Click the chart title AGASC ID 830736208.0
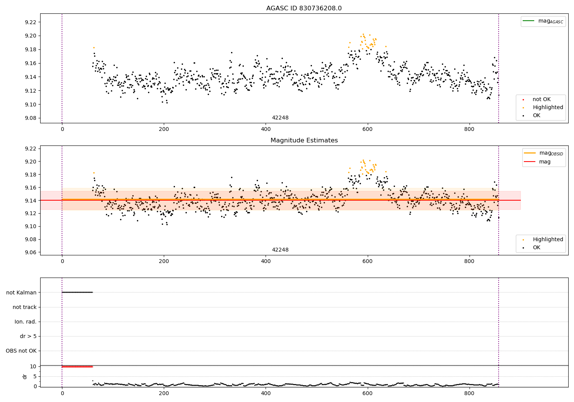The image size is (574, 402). click(x=304, y=8)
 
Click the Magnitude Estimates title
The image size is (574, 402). click(x=304, y=141)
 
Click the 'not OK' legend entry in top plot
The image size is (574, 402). click(x=541, y=100)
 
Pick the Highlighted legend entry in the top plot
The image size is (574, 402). click(x=548, y=108)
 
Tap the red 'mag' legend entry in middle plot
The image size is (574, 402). click(x=545, y=162)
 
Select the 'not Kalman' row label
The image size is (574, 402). click(x=21, y=293)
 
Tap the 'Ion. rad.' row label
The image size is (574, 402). click(x=26, y=322)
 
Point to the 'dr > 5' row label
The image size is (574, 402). click(x=28, y=337)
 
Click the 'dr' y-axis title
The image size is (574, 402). click(x=25, y=376)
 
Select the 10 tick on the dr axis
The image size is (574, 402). click(x=33, y=367)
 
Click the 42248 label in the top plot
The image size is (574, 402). click(x=280, y=118)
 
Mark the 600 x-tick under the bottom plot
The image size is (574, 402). click(x=367, y=393)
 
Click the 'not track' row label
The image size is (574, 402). click(x=24, y=307)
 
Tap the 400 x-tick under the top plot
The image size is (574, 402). click(x=266, y=129)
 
